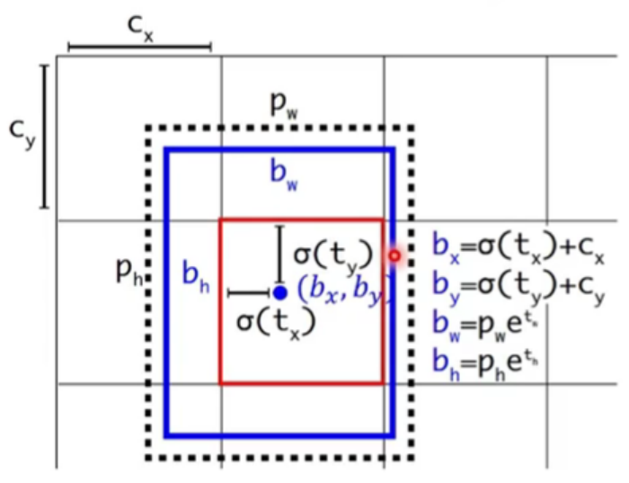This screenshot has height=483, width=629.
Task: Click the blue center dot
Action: click(280, 292)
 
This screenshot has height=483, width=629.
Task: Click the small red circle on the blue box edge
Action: click(394, 255)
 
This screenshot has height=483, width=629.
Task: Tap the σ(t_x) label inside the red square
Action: click(276, 319)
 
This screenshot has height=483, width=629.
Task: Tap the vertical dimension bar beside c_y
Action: click(42, 136)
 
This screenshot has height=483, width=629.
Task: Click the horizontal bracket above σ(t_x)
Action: click(250, 292)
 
